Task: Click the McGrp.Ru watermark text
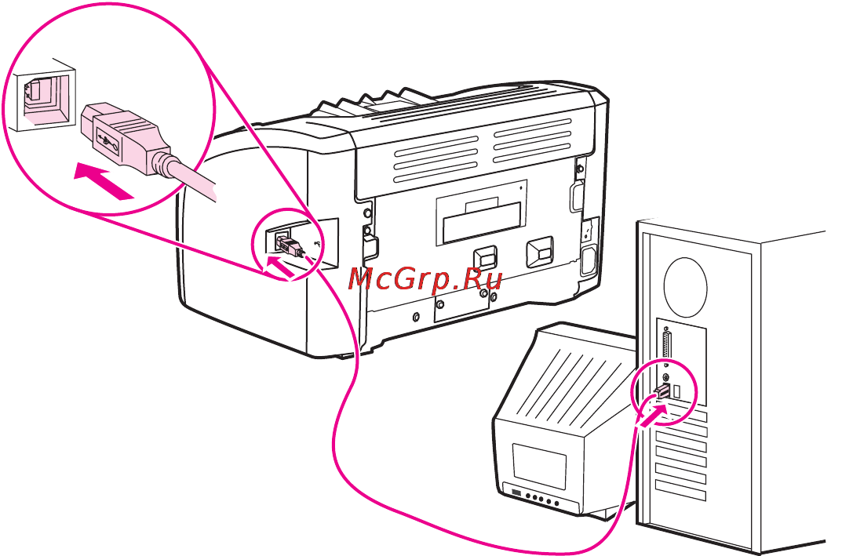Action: tap(425, 280)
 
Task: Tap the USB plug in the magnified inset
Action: tap(126, 138)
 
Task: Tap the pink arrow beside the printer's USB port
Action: tap(280, 266)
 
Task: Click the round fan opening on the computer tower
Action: tap(686, 288)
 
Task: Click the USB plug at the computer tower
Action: tap(662, 391)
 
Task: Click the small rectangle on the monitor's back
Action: tap(539, 463)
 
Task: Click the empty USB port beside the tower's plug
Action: tap(677, 391)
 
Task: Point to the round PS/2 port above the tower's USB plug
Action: tap(666, 376)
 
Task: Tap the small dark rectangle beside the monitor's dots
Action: tap(516, 492)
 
